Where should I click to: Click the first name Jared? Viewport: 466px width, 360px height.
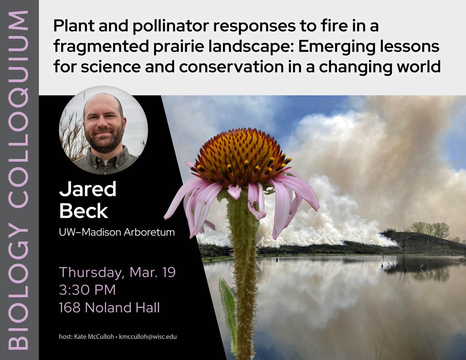88,190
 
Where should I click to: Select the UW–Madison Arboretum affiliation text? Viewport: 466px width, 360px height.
116,233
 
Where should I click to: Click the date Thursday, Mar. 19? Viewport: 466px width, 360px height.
117,272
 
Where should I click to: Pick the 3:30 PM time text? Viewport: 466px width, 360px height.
87,290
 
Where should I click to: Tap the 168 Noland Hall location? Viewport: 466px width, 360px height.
109,308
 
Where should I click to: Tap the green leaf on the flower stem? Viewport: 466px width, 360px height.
228,307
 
